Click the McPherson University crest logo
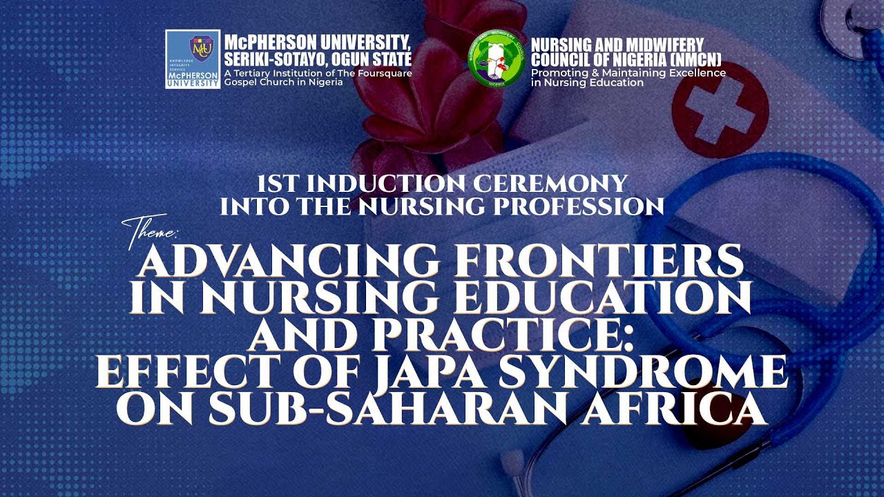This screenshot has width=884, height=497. click(x=193, y=59)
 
